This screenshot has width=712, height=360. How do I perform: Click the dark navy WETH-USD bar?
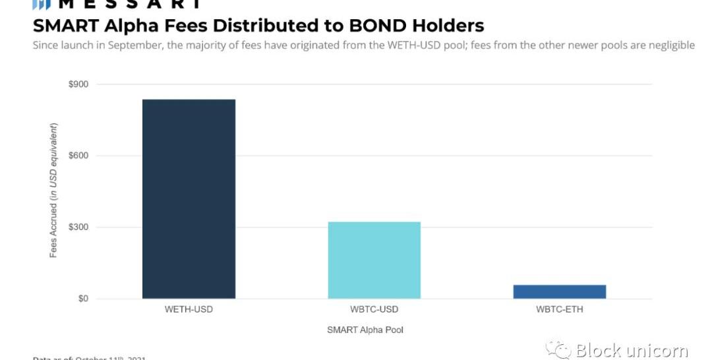tap(189, 198)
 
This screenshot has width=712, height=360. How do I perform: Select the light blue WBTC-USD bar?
tap(374, 260)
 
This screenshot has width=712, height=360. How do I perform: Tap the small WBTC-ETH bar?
tap(559, 291)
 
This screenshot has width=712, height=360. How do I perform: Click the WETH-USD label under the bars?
tap(189, 309)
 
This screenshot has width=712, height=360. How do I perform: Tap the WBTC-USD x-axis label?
tap(374, 309)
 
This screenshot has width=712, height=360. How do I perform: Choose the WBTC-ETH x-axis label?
tap(559, 309)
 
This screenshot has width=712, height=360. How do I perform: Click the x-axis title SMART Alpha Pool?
tap(365, 330)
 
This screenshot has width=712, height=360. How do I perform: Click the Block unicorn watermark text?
tap(632, 350)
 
